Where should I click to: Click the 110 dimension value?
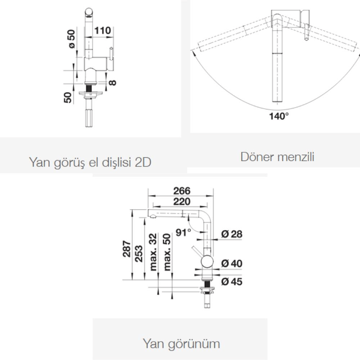point(102,30)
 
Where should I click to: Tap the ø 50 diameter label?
point(72,39)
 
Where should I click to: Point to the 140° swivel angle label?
point(279,116)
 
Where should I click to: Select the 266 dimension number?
point(181,191)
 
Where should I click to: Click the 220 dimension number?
point(181,202)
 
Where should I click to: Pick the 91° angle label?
point(184,232)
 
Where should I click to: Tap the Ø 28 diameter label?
point(231,234)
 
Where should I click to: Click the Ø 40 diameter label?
point(231,264)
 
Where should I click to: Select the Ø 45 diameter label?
point(231,282)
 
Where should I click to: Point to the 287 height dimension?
point(127,249)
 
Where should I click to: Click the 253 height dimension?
point(139,254)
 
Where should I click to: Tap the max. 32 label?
point(153,252)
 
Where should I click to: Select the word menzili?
point(296,157)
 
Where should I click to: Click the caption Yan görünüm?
point(181,344)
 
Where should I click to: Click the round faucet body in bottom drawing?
point(207,261)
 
